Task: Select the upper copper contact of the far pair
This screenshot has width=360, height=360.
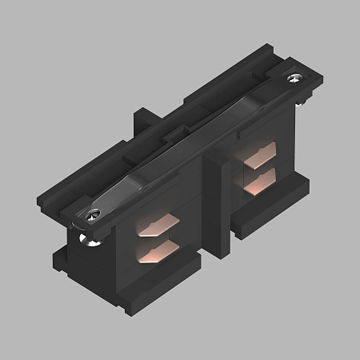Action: (258, 158)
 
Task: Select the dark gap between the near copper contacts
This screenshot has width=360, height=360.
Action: (156, 241)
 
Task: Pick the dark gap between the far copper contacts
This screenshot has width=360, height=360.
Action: (258, 170)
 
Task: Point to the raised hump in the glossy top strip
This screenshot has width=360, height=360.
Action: (192, 144)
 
